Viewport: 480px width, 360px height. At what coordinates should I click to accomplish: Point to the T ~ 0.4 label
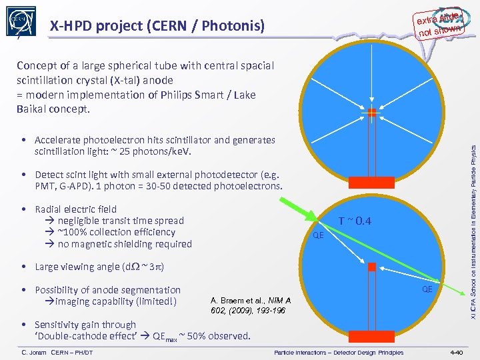click(355, 221)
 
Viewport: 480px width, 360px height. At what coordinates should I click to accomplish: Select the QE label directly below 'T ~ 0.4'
click(319, 235)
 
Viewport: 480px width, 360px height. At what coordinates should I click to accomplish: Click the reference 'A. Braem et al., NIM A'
click(250, 301)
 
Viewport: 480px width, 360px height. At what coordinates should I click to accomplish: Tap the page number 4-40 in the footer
click(457, 352)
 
